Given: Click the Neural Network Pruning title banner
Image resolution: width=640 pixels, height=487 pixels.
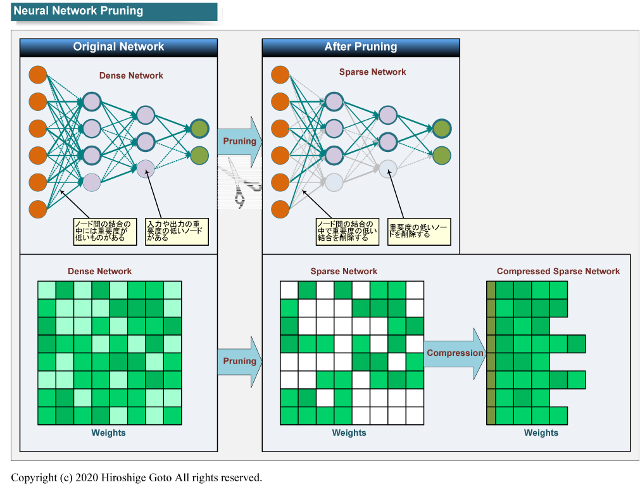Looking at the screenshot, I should [114, 11].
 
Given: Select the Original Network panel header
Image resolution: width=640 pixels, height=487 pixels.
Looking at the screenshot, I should [118, 47].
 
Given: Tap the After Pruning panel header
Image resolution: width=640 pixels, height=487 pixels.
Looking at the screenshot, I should [361, 47].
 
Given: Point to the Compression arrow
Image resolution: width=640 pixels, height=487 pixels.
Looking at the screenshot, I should [455, 353].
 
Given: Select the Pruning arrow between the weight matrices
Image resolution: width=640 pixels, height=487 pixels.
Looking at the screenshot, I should [239, 361].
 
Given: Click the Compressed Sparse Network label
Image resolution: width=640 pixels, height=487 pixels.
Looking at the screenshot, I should [558, 271].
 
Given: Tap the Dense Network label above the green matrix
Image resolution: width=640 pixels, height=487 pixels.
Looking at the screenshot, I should [100, 271].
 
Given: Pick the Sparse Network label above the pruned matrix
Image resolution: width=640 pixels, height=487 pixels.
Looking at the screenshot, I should [344, 271].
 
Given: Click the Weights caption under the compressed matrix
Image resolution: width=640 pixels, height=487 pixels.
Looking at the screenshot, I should [541, 433].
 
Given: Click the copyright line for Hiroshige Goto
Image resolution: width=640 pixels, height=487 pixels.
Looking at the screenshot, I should [136, 478].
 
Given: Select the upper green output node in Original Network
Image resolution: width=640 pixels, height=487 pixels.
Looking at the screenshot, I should [199, 129].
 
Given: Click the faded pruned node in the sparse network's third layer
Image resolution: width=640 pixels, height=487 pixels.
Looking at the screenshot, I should [388, 168].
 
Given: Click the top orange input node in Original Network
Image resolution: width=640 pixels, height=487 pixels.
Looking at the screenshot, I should [38, 75].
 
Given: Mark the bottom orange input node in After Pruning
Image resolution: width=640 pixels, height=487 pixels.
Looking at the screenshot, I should [280, 209].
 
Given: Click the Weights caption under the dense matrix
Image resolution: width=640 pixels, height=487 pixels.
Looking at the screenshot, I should [109, 433].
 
